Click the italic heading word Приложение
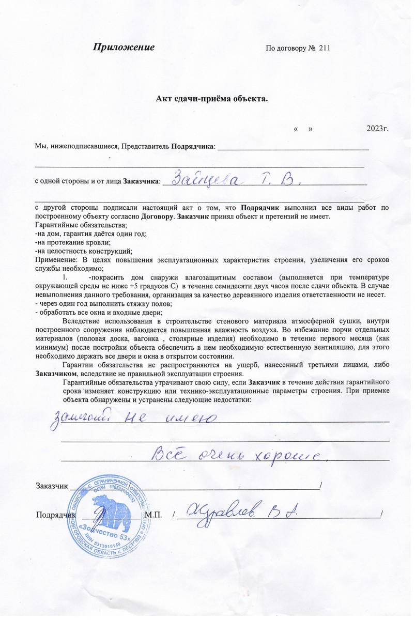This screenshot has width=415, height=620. (124, 48)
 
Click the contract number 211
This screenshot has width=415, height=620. (325, 48)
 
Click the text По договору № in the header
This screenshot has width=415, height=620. (290, 48)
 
